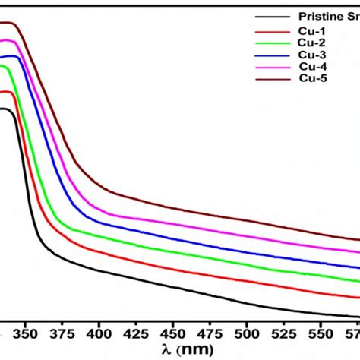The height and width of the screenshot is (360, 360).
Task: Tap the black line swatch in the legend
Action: pos(272,17)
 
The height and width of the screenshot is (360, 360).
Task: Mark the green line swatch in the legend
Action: pos(272,44)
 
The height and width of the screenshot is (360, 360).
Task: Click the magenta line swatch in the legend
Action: pos(272,67)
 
